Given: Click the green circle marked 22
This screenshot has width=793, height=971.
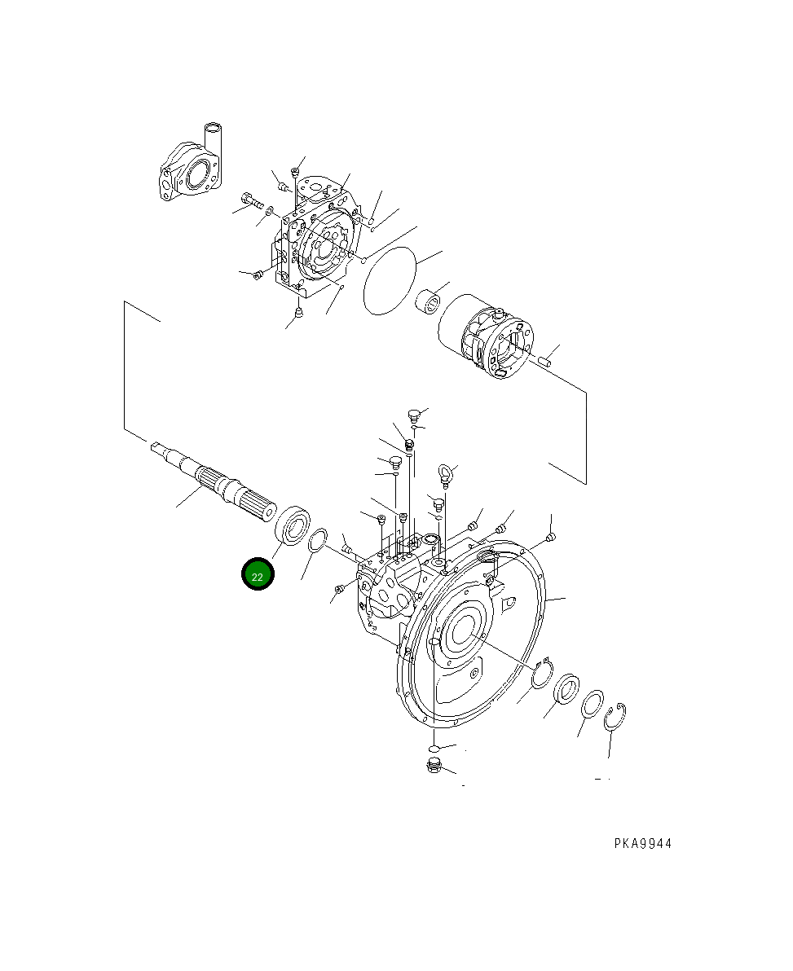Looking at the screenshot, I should [258, 574].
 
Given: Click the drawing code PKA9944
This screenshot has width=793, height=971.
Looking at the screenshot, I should [642, 844].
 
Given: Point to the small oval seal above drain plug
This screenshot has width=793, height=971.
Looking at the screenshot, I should [434, 747].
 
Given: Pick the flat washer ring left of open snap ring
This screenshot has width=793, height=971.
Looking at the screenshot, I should [593, 703].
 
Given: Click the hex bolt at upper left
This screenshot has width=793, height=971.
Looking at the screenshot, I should [249, 198].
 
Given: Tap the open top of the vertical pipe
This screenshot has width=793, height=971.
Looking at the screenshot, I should [214, 127].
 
